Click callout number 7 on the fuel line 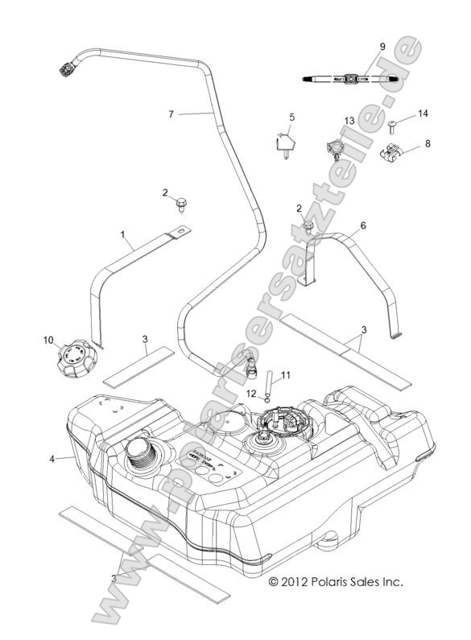(x=171, y=115)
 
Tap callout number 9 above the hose (x=382, y=46)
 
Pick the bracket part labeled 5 (x=283, y=146)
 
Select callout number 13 (x=349, y=120)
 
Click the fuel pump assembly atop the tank (x=279, y=423)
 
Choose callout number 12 (x=251, y=394)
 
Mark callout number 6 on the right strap (x=362, y=226)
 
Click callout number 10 (x=48, y=340)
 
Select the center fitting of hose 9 (x=351, y=79)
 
